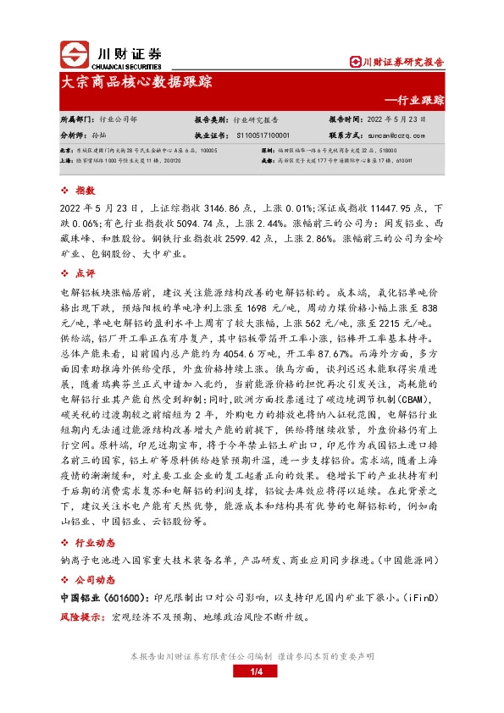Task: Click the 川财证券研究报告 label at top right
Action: (398, 61)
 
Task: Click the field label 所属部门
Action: (78, 120)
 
